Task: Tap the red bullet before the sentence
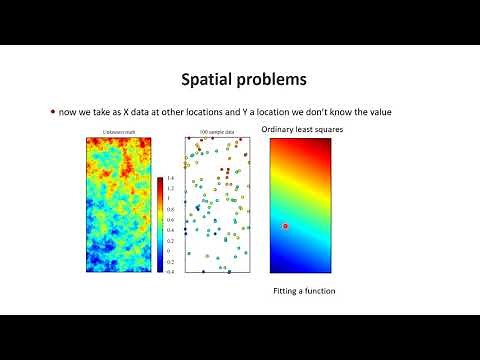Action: pos(52,111)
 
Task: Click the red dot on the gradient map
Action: pos(285,227)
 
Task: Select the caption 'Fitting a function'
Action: pos(304,291)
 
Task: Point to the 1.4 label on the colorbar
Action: pos(171,178)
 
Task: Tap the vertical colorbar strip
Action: pos(160,225)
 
